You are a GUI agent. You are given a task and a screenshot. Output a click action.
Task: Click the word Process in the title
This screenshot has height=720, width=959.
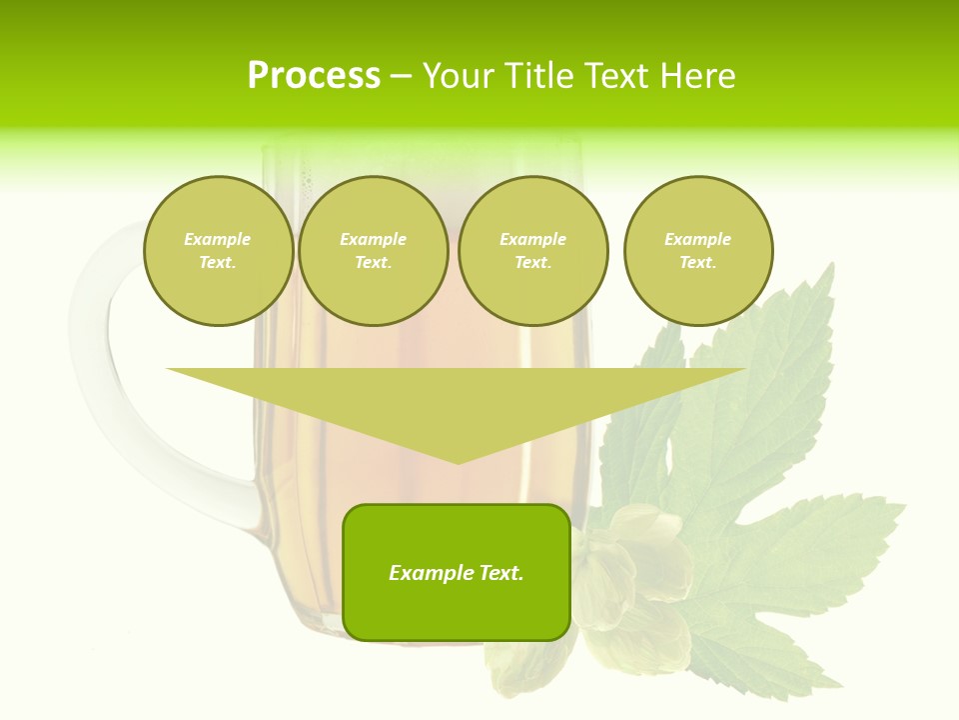coord(314,76)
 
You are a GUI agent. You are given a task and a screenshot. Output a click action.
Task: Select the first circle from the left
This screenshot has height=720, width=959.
coord(219,251)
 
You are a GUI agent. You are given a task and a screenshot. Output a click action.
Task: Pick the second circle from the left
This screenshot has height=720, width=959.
coord(374,251)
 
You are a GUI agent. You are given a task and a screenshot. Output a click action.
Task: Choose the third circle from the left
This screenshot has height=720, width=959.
coord(533,251)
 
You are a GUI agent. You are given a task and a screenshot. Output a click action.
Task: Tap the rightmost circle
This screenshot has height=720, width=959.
coord(698,251)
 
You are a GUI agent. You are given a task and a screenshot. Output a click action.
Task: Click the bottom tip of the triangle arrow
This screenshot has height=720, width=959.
coord(458,461)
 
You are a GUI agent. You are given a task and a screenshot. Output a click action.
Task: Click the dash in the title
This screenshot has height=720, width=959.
coord(401,76)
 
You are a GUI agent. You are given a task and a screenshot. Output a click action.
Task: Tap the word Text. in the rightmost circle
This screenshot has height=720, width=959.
coord(698,263)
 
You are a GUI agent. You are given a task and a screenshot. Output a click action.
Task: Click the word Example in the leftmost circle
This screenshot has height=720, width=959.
coord(218,239)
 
